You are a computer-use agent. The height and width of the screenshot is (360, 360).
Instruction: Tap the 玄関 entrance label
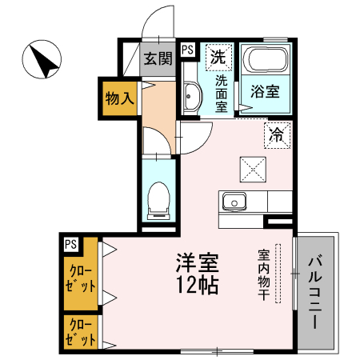[x=158, y=58]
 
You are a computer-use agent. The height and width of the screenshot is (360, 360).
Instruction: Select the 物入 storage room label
[x=119, y=98]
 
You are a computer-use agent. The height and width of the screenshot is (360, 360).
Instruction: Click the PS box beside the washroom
[x=188, y=50]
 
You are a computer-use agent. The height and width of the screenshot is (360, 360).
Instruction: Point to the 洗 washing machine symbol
[x=218, y=57]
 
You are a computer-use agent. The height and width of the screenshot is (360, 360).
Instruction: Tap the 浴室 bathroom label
[x=265, y=91]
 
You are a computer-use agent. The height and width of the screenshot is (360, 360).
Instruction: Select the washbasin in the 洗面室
[x=191, y=96]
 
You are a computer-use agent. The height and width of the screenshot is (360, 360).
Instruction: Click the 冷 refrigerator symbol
[x=277, y=135]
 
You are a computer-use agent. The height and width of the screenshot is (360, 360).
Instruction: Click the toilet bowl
[x=158, y=199]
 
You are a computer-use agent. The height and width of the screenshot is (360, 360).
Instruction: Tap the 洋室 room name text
[x=198, y=263]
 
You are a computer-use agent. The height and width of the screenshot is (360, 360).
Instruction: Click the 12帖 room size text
[x=198, y=285]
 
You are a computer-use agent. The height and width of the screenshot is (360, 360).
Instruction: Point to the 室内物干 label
[x=264, y=274]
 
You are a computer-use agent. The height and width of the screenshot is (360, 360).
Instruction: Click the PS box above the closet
[x=70, y=244]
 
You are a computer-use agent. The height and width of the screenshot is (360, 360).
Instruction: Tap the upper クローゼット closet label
[x=81, y=278]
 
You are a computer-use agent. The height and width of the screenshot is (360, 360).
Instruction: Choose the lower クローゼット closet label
[x=81, y=332]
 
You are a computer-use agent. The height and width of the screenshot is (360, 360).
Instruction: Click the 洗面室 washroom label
[x=222, y=94]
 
